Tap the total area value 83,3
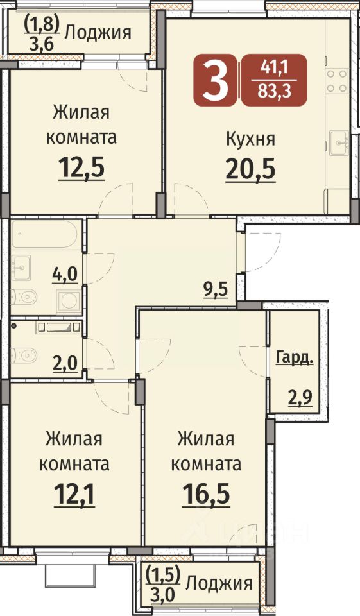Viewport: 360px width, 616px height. [x=274, y=92]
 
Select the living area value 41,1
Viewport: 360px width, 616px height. [x=274, y=69]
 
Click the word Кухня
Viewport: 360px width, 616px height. [x=250, y=139]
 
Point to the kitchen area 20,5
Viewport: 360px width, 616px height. [x=250, y=169]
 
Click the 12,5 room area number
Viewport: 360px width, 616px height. [x=81, y=167]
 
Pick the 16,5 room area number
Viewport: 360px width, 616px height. [x=207, y=494]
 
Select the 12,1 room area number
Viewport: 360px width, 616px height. [x=74, y=494]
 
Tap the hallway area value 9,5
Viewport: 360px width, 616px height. [x=216, y=290]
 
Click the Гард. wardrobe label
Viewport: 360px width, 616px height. [x=295, y=358]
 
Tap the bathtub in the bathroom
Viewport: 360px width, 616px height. [x=46, y=235]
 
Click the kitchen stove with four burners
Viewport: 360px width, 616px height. [x=337, y=81]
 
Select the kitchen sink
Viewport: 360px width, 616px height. [x=339, y=142]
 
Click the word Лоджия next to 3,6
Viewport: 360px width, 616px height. [x=98, y=32]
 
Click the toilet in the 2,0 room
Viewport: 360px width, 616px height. [x=24, y=355]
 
